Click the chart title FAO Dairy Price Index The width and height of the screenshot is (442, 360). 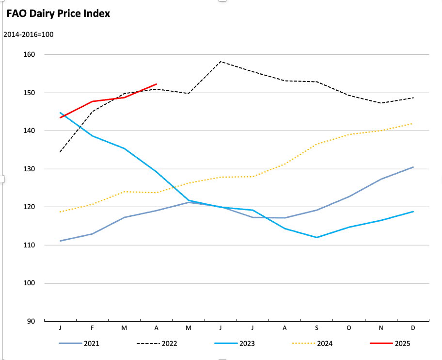(58, 14)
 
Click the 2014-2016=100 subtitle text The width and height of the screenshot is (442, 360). (28, 35)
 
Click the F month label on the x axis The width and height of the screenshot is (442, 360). (92, 328)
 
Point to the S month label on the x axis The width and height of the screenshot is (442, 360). (316, 328)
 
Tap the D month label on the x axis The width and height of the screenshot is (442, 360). (413, 328)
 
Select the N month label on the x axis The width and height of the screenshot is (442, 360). (381, 328)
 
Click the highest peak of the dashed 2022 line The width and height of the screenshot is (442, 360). (221, 62)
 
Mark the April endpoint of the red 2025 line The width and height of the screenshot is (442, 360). (156, 84)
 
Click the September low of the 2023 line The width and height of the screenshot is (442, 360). (316, 237)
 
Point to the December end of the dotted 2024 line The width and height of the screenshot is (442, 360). (412, 123)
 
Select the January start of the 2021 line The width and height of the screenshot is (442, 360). (60, 241)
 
